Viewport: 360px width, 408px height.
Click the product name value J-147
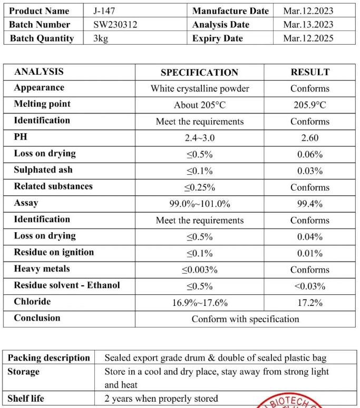click(105, 11)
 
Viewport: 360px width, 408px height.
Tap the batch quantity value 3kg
click(101, 38)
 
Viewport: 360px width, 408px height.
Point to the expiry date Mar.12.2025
click(308, 38)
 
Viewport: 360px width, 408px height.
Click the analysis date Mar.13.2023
click(308, 24)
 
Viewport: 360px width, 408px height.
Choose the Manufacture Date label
click(230, 11)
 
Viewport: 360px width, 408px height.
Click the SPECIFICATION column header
click(199, 73)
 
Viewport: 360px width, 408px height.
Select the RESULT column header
click(310, 72)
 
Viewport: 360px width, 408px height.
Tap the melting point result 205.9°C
click(310, 105)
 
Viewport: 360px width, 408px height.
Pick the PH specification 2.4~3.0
click(200, 138)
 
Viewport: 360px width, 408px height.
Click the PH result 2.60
click(310, 138)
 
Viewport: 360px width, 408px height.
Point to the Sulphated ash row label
click(43, 170)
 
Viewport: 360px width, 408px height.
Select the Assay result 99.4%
click(310, 204)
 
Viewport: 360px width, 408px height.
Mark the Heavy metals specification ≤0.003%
click(200, 270)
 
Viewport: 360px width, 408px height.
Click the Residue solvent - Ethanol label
click(67, 285)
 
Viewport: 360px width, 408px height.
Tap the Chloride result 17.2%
click(310, 303)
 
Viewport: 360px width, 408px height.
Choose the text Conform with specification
click(245, 319)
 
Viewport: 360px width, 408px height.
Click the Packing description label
click(49, 358)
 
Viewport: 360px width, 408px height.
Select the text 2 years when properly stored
click(161, 399)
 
